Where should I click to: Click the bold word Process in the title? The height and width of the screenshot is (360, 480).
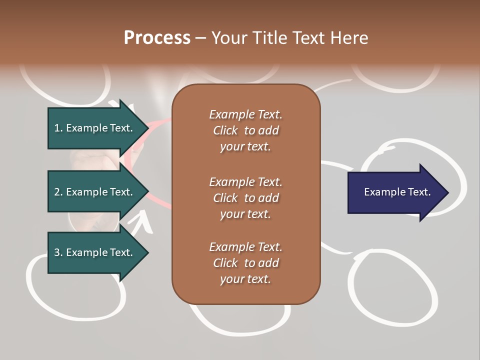157,38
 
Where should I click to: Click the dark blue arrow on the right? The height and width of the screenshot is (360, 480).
395,192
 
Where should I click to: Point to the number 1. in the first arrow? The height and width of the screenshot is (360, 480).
58,128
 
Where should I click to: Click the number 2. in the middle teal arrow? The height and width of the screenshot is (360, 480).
58,192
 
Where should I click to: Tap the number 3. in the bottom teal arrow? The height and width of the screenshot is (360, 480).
58,252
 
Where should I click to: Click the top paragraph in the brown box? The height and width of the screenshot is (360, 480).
245,130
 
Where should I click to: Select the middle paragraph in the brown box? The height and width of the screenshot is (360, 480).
245,198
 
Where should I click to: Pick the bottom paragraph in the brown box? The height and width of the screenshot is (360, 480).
245,263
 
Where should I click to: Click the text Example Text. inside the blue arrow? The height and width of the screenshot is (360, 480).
397,192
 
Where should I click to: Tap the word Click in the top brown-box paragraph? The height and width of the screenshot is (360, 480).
225,130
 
